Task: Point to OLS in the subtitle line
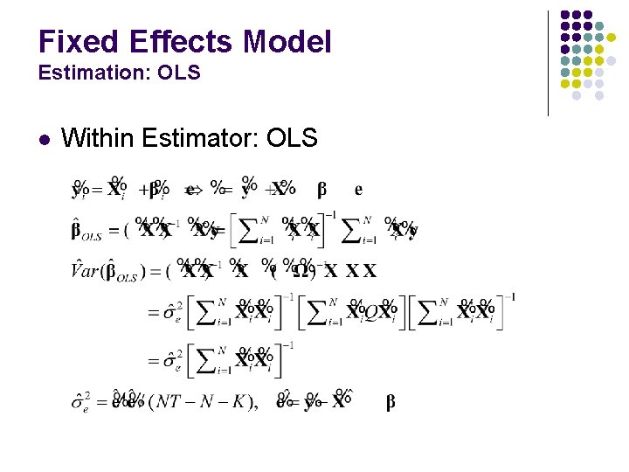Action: tap(181, 73)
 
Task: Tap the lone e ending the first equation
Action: tap(358, 189)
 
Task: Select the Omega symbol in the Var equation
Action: tap(302, 271)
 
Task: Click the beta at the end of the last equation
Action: tap(390, 402)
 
